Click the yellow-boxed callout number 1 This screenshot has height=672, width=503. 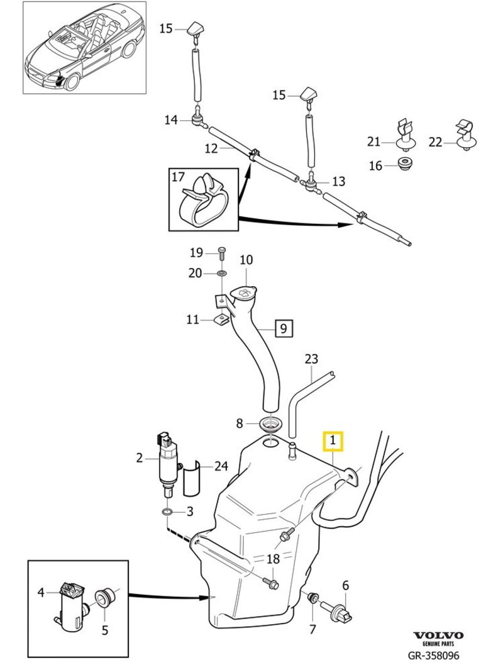(x=333, y=442)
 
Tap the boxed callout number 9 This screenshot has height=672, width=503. (x=283, y=328)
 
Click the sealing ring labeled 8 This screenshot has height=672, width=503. (x=271, y=423)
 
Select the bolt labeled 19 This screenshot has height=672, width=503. (x=221, y=254)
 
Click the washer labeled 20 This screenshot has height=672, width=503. (x=222, y=274)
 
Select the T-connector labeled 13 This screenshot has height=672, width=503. (x=311, y=182)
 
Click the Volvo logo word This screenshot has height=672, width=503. (x=438, y=636)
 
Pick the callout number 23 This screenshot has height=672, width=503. (x=311, y=359)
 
